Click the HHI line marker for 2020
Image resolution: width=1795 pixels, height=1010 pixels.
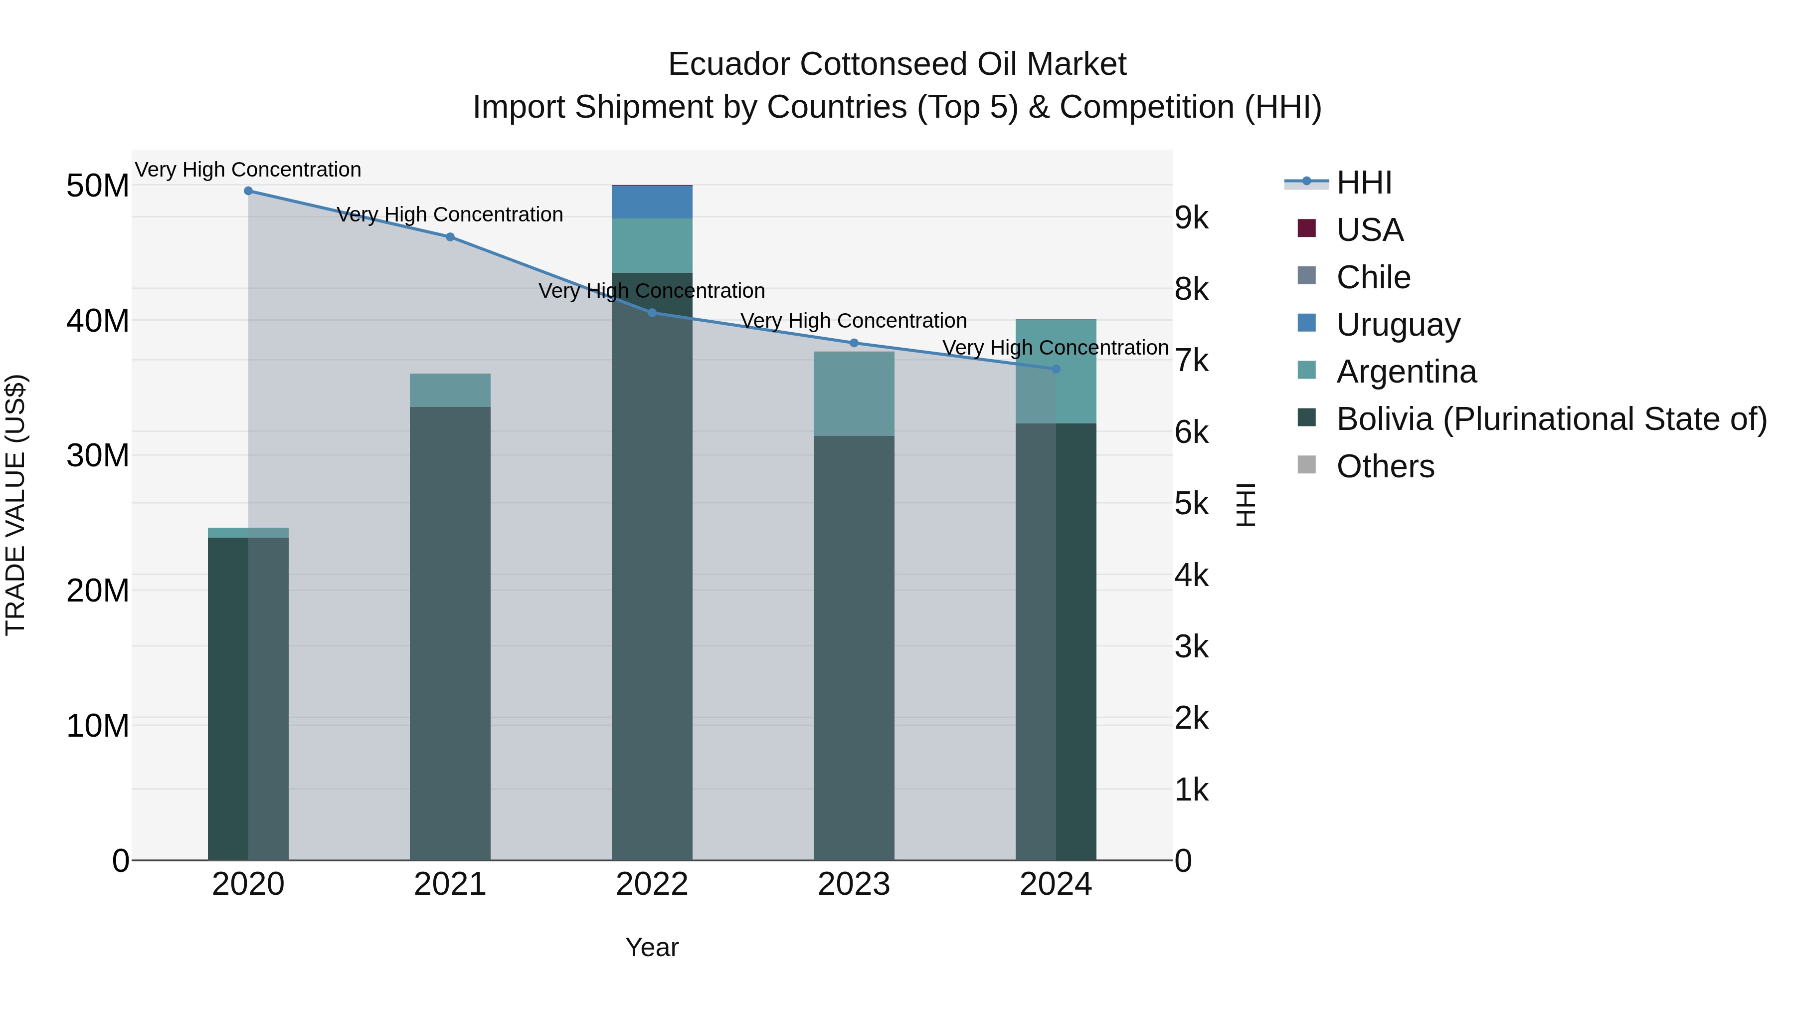click(x=248, y=191)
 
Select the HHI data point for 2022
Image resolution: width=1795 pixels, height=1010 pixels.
click(x=652, y=313)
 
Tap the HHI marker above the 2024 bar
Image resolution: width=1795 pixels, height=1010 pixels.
click(x=1056, y=369)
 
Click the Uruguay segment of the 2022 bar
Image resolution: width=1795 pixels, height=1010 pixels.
click(x=652, y=202)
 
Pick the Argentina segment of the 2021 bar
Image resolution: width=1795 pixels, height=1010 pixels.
click(x=450, y=391)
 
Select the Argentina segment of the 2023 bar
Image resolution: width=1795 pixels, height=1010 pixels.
click(x=854, y=395)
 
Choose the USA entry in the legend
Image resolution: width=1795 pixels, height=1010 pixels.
click(x=1369, y=230)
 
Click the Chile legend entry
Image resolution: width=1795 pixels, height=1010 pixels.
click(x=1373, y=277)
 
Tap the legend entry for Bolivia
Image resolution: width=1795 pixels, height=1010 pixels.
click(x=1551, y=419)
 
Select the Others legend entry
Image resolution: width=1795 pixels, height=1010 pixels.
click(x=1385, y=466)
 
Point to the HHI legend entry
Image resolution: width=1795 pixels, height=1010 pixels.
click(x=1364, y=183)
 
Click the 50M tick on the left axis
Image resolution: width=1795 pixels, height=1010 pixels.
click(x=98, y=186)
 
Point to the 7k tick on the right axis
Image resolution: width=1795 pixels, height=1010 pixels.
click(x=1192, y=361)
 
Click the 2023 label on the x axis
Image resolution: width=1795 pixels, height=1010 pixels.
click(x=854, y=884)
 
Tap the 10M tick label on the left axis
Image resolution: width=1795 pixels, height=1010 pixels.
click(x=98, y=726)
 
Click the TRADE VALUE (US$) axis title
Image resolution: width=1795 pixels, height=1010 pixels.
click(x=15, y=505)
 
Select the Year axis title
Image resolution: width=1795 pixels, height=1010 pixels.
click(x=652, y=947)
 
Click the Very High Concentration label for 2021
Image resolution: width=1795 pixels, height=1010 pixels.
click(x=450, y=214)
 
